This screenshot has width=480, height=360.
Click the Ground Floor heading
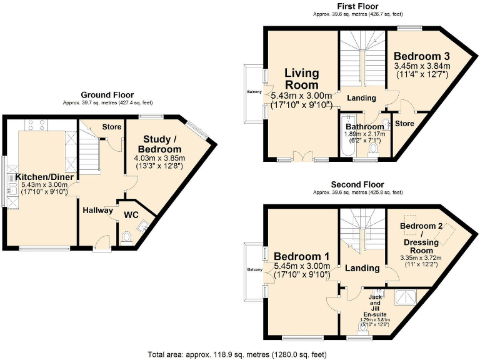(x=107, y=95)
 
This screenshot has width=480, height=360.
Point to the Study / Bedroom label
(x=162, y=144)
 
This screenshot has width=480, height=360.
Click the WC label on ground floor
(x=132, y=215)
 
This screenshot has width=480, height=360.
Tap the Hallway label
(x=97, y=210)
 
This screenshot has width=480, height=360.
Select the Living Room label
(x=302, y=79)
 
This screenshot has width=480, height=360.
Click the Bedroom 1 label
(x=301, y=256)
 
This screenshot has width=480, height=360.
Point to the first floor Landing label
(x=361, y=98)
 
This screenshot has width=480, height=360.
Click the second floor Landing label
(x=363, y=268)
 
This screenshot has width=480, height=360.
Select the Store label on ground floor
(x=112, y=127)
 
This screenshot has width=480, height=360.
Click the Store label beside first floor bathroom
(x=405, y=124)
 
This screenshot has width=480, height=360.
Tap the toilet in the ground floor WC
(x=129, y=237)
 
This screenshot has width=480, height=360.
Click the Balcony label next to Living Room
(x=254, y=92)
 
